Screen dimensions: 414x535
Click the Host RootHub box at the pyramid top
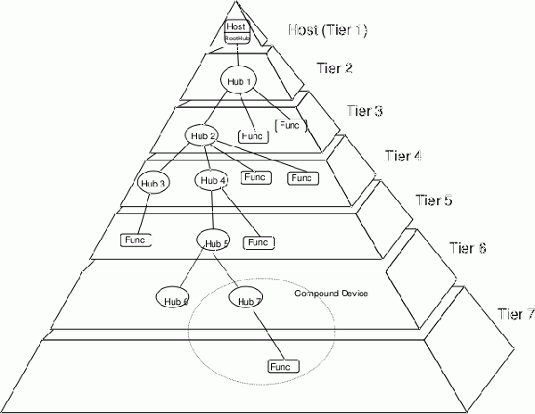point(235,32)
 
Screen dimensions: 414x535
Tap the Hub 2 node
point(202,136)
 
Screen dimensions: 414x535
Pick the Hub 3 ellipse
point(154,183)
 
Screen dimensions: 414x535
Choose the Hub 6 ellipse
point(174,299)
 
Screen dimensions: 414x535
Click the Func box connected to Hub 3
point(136,240)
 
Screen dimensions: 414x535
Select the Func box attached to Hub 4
point(259,242)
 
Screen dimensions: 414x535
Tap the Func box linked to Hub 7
point(283,366)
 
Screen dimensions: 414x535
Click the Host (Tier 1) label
point(328,30)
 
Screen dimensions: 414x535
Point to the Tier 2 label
point(334,68)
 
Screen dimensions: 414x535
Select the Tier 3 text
point(365,112)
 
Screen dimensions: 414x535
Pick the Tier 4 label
point(402,156)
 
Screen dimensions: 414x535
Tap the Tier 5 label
point(435,200)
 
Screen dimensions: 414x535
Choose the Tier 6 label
point(467,247)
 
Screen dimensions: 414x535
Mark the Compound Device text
point(331,294)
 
